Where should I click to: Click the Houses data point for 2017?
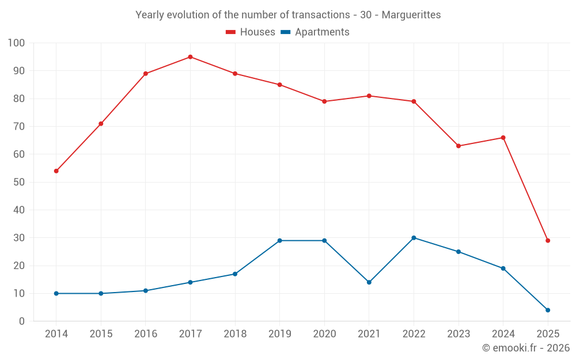pyautogui.click(x=190, y=57)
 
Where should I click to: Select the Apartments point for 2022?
pyautogui.click(x=414, y=238)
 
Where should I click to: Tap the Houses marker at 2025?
pyautogui.click(x=548, y=241)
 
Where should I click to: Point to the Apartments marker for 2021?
pyautogui.click(x=369, y=282)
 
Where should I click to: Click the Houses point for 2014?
pyautogui.click(x=56, y=171)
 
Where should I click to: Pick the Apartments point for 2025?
pyautogui.click(x=548, y=310)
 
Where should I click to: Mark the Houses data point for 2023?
pyautogui.click(x=458, y=146)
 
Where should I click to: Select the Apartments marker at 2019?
pyautogui.click(x=279, y=241)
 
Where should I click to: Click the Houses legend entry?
pyautogui.click(x=251, y=32)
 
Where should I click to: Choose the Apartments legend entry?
pyautogui.click(x=315, y=32)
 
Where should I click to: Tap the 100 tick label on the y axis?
pyautogui.click(x=17, y=43)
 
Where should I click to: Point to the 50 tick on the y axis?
pyautogui.click(x=19, y=183)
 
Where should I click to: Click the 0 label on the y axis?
pyautogui.click(x=22, y=321)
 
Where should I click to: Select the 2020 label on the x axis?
pyautogui.click(x=324, y=334)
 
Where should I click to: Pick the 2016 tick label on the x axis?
pyautogui.click(x=146, y=334)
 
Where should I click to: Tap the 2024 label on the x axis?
pyautogui.click(x=503, y=334)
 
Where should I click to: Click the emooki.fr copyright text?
pyautogui.click(x=526, y=348)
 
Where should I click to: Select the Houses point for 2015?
pyautogui.click(x=101, y=124)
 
